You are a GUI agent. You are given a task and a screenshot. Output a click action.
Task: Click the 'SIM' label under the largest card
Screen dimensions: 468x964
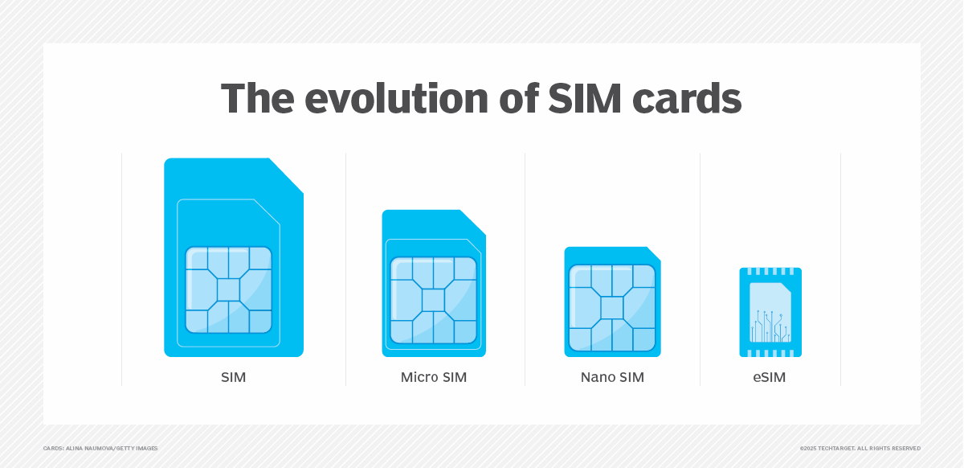pos(233,377)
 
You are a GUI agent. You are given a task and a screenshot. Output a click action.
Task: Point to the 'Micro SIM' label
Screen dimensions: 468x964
pos(434,377)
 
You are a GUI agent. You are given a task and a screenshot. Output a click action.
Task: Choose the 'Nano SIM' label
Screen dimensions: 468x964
pos(612,377)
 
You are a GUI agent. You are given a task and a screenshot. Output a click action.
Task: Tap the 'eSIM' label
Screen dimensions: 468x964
pos(770,377)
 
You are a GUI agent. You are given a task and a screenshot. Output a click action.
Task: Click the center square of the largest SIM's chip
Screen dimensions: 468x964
pos(229,289)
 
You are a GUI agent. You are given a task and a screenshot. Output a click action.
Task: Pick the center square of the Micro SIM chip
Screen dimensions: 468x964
pos(434,300)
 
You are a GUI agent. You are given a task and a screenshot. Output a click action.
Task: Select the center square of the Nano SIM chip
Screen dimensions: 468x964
pos(612,308)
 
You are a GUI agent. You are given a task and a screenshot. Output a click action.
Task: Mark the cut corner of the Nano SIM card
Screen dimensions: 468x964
pos(654,253)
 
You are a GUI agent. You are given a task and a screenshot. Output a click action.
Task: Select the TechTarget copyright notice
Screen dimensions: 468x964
pos(860,448)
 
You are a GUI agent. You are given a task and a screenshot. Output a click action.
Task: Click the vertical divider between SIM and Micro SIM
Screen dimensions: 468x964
pos(345,269)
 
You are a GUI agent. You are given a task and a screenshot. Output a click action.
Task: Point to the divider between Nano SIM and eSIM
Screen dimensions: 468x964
pos(700,269)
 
